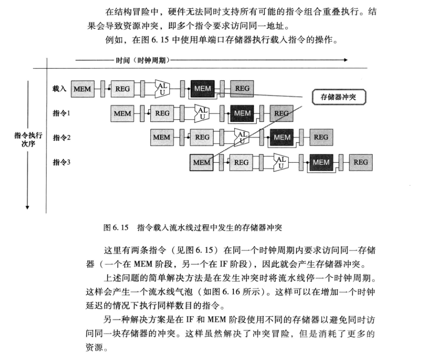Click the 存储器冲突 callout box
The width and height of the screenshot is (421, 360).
338,97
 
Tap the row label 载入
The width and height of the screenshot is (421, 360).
59,89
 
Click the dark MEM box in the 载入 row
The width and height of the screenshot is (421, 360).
203,89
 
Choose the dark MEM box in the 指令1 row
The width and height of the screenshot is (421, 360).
242,113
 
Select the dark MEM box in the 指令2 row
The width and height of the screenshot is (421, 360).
282,137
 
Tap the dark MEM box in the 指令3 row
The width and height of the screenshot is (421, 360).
321,162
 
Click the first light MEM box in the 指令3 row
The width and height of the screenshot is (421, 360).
201,162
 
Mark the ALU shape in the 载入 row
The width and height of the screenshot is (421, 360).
162,89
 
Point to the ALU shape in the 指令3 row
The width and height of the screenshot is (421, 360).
281,162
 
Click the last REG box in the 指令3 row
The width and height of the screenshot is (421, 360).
361,162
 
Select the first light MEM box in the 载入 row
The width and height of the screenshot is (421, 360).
82,89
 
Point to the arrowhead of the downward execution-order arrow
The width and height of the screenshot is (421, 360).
28,207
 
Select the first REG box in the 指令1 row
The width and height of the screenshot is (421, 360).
162,113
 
